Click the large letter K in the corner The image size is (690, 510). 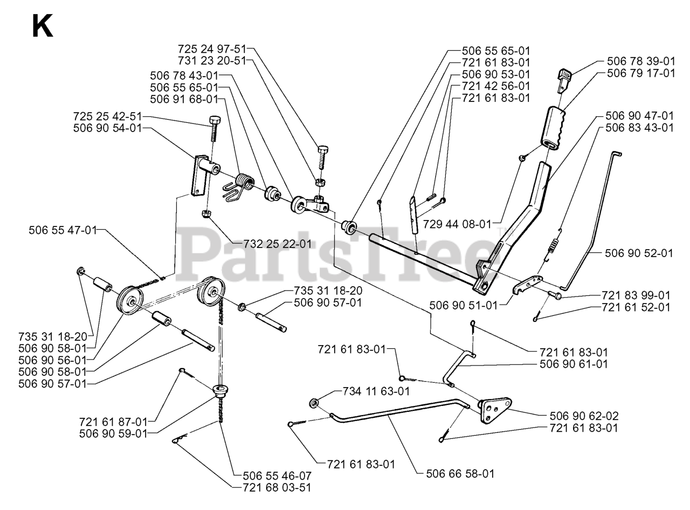[43, 26]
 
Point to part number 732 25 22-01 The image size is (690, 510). [273, 244]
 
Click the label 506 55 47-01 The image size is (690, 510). [63, 230]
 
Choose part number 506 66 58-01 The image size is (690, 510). [460, 474]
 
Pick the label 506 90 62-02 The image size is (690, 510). [584, 416]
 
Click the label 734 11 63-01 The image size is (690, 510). [376, 392]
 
